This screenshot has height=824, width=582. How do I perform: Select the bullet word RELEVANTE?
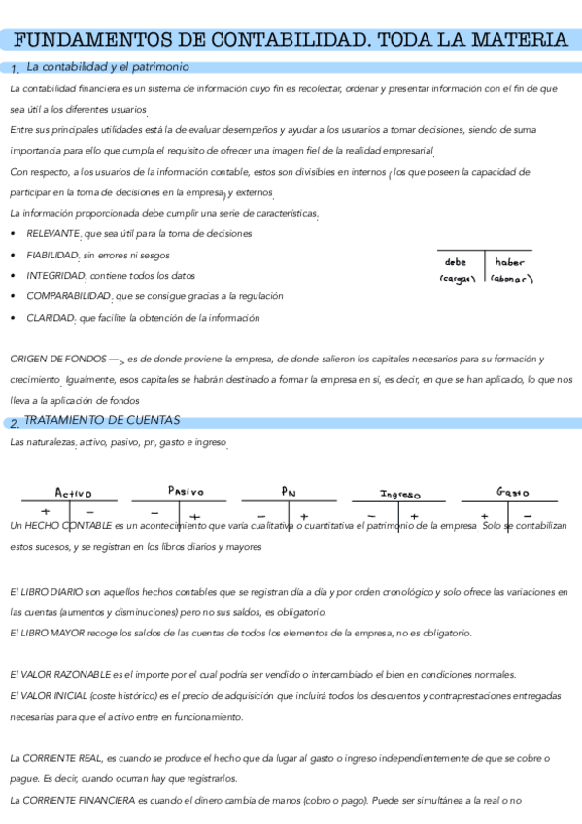coord(53,233)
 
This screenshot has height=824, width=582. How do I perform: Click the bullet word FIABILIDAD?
coord(52,255)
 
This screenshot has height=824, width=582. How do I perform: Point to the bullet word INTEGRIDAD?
coord(53,276)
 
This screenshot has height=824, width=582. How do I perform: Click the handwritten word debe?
coord(455,262)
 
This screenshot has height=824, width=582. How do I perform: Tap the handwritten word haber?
coord(509,262)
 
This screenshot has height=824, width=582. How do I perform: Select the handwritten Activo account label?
coord(74,493)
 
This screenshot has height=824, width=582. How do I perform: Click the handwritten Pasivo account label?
coord(186,491)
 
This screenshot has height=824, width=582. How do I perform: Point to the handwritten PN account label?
coord(289,492)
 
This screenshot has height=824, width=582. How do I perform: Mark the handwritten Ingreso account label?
coord(399,494)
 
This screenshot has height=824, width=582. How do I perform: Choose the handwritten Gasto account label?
coord(512,492)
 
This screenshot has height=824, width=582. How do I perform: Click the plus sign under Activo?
coord(45,511)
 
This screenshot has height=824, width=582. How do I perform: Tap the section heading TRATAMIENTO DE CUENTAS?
coord(102,420)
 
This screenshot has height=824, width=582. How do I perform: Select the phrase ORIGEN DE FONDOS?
coord(51,359)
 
